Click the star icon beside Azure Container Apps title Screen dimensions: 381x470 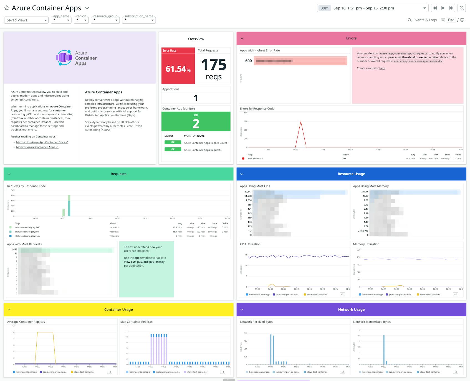point(7,8)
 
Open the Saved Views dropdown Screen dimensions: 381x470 point(26,20)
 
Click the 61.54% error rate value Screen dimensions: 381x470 point(178,69)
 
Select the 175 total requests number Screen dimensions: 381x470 point(214,65)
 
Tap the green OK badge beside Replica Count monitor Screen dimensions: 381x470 point(173,142)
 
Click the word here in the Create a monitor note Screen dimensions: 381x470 point(382,68)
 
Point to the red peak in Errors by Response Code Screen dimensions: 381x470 point(301,122)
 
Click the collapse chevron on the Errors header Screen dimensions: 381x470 point(242,38)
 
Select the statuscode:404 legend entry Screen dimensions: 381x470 point(256,159)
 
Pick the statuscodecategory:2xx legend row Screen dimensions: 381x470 point(27,227)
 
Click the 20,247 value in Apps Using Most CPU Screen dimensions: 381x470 point(248,192)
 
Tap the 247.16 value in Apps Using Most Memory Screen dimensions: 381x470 point(365,192)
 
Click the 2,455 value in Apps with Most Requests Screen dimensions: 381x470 point(14,249)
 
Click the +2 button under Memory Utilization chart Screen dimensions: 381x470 point(455,295)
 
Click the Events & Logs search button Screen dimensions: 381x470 point(422,20)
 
